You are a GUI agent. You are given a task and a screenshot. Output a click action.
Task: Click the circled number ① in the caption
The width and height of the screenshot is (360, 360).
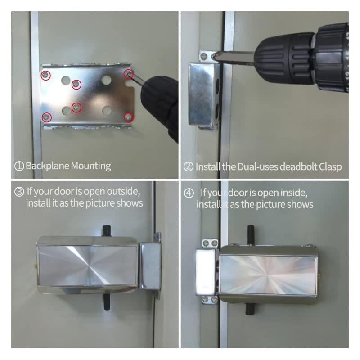click(19, 166)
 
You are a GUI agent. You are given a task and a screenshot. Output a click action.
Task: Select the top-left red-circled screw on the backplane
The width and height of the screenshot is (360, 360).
click(45, 76)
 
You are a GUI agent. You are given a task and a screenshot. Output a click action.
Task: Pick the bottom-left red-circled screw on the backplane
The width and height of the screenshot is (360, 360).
click(47, 117)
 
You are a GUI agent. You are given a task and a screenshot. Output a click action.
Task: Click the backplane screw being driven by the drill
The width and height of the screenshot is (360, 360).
click(128, 73)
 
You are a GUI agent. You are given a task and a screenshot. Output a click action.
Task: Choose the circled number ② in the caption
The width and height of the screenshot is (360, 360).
click(189, 166)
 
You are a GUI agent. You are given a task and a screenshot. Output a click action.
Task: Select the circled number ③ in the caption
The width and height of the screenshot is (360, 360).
click(19, 192)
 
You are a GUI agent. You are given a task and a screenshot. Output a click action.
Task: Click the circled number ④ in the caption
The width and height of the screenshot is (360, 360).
click(189, 193)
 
